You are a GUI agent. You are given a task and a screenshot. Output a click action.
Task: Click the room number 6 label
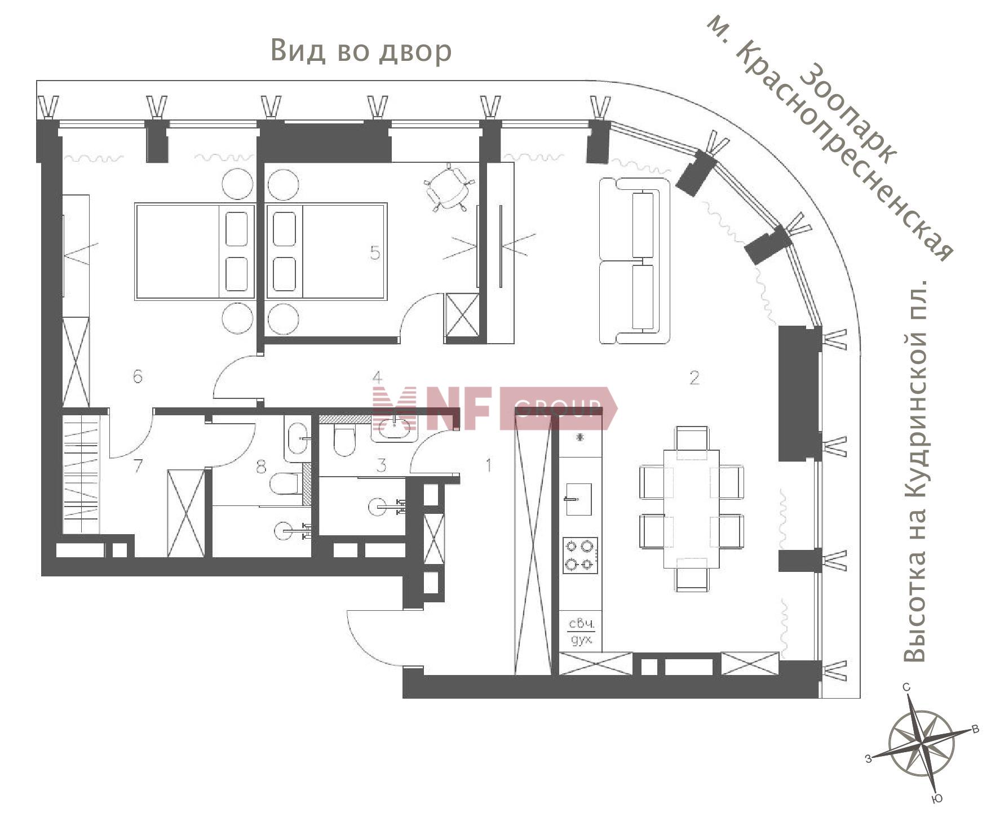[138, 376]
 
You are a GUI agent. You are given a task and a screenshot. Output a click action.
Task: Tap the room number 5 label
[375, 253]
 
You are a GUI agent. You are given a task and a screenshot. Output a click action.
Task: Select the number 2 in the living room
[694, 378]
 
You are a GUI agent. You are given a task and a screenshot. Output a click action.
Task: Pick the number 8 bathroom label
[261, 467]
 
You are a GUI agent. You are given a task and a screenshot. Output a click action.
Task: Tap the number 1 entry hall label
[489, 465]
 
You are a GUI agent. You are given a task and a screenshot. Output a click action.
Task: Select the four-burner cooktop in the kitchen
[580, 555]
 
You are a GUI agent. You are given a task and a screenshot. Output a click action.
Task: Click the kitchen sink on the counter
[579, 499]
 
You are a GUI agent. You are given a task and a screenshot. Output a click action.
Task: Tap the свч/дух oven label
[581, 632]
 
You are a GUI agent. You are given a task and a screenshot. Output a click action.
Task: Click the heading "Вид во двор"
[361, 51]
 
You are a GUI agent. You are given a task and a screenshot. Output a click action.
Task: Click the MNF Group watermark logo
[494, 408]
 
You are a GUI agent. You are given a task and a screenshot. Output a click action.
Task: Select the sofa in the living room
[634, 260]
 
